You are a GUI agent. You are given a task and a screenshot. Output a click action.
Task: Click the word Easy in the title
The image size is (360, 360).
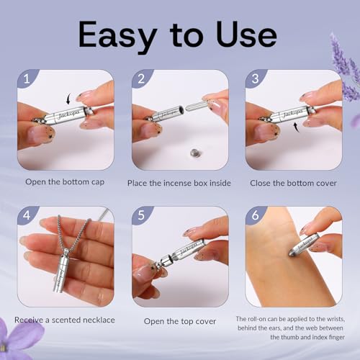tap(117, 35)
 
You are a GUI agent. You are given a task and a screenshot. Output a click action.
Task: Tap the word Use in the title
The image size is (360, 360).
tap(246, 34)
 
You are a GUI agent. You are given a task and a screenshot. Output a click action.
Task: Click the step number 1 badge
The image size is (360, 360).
tap(27, 78)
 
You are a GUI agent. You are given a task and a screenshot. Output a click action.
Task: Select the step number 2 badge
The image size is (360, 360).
tap(141, 78)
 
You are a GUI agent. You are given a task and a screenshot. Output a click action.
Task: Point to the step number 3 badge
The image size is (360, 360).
tap(255, 78)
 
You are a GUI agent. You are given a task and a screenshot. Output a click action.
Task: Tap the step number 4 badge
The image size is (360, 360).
tap(27, 215)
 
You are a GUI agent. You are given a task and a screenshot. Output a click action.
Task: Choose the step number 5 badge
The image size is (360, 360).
tap(141, 215)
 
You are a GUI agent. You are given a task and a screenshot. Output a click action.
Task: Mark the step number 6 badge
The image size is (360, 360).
tap(255, 215)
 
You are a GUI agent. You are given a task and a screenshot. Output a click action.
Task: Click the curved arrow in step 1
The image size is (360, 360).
tap(68, 99)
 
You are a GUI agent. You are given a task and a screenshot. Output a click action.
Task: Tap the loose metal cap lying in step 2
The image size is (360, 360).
tap(194, 153)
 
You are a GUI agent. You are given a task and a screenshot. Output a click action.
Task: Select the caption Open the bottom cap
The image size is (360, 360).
tap(65, 182)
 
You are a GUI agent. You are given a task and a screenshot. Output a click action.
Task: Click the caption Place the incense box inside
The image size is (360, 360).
tap(179, 183)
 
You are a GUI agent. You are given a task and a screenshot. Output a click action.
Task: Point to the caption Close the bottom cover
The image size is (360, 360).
tap(293, 183)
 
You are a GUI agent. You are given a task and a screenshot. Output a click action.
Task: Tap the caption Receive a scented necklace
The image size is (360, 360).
tap(65, 320)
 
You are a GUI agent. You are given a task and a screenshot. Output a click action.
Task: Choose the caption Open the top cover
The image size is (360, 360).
tap(180, 321)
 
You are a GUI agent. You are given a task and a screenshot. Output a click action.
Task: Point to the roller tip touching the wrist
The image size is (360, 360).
tap(291, 253)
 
